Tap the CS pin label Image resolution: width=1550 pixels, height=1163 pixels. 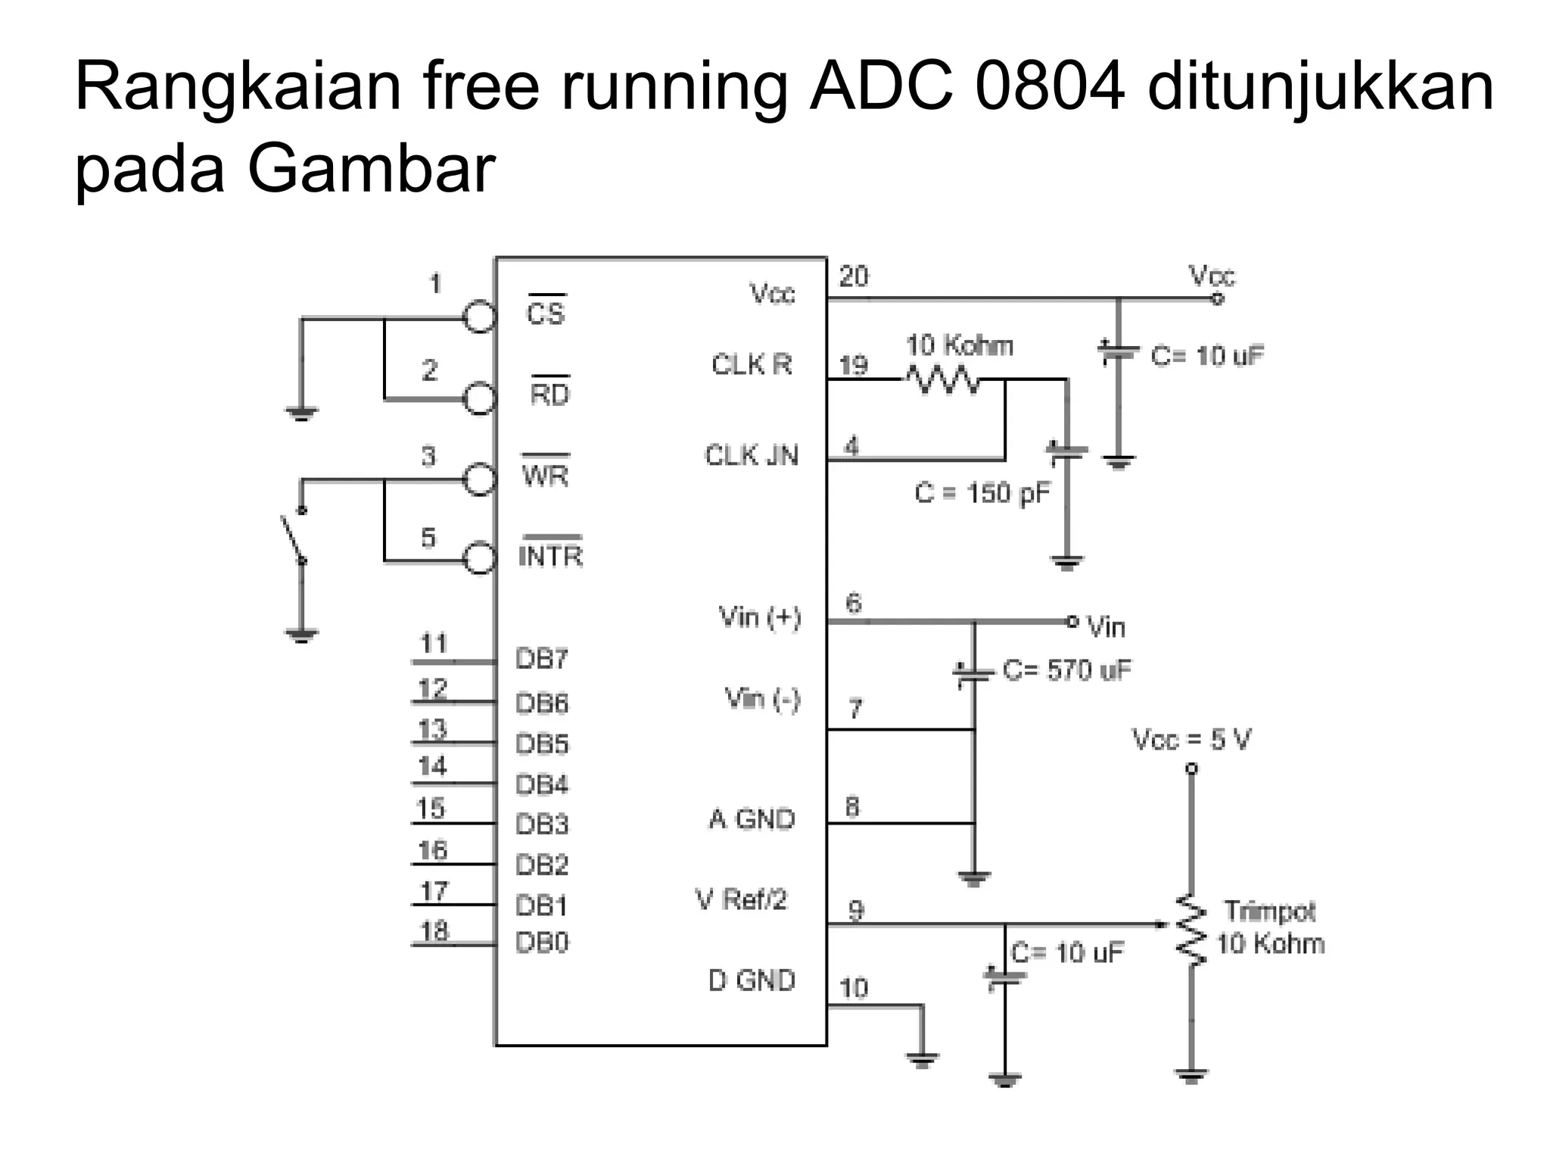point(546,312)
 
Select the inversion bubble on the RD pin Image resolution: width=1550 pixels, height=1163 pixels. point(479,398)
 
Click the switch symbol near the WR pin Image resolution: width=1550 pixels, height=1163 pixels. point(294,535)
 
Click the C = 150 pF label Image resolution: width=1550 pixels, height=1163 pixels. point(982,493)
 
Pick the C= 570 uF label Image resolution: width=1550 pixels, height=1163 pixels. point(1066,670)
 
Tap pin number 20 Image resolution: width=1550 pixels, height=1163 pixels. point(854,276)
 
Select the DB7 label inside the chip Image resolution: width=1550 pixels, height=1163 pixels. point(541,659)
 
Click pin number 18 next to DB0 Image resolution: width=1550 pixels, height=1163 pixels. point(434,931)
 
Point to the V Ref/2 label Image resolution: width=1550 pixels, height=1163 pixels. point(741,900)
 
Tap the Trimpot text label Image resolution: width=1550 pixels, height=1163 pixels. point(1269,911)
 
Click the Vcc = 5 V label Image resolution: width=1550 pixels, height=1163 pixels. point(1191,739)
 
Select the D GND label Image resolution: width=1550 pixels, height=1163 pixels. point(752,981)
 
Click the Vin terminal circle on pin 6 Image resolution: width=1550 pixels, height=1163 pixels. point(1072,621)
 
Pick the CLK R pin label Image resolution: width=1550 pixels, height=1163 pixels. point(752,365)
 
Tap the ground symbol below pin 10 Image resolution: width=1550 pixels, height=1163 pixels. point(922,1060)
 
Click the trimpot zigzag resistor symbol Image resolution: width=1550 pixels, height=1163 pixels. point(1191,931)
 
